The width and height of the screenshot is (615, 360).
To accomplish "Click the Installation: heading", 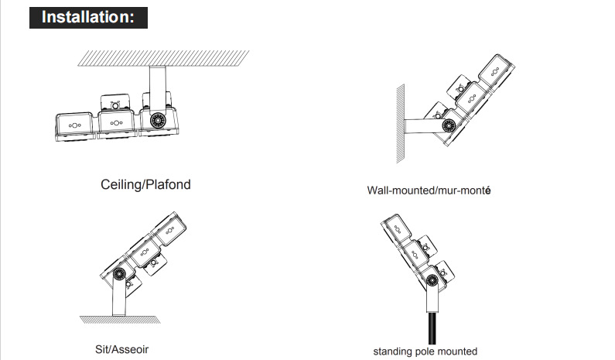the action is pyautogui.click(x=88, y=17).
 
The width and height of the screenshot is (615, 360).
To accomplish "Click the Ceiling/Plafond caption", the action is pyautogui.click(x=145, y=184).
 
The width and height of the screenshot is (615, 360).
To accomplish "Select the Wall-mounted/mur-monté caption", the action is pyautogui.click(x=429, y=190).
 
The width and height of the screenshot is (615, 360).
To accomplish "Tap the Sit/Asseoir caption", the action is pyautogui.click(x=122, y=349).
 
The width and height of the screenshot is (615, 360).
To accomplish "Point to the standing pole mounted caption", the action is pyautogui.click(x=425, y=351).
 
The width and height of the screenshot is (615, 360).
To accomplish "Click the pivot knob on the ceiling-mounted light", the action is pyautogui.click(x=158, y=120).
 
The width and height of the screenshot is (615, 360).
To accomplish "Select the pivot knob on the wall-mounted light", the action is pyautogui.click(x=449, y=125).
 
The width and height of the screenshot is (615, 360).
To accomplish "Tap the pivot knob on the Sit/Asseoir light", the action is pyautogui.click(x=119, y=273).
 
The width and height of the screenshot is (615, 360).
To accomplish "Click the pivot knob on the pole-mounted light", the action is pyautogui.click(x=432, y=280).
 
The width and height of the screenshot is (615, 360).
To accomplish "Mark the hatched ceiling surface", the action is pyautogui.click(x=163, y=58).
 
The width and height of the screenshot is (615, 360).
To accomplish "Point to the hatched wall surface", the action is pyautogui.click(x=401, y=123).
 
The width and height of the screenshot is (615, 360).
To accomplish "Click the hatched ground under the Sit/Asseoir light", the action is pyautogui.click(x=120, y=320).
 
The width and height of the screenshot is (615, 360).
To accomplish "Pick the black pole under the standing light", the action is pyautogui.click(x=432, y=328).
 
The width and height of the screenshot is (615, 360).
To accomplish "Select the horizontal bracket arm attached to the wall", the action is pyautogui.click(x=425, y=126).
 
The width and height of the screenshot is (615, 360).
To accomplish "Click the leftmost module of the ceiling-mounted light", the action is pyautogui.click(x=75, y=127).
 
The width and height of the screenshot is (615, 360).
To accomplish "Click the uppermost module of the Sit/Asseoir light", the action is pyautogui.click(x=169, y=229).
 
